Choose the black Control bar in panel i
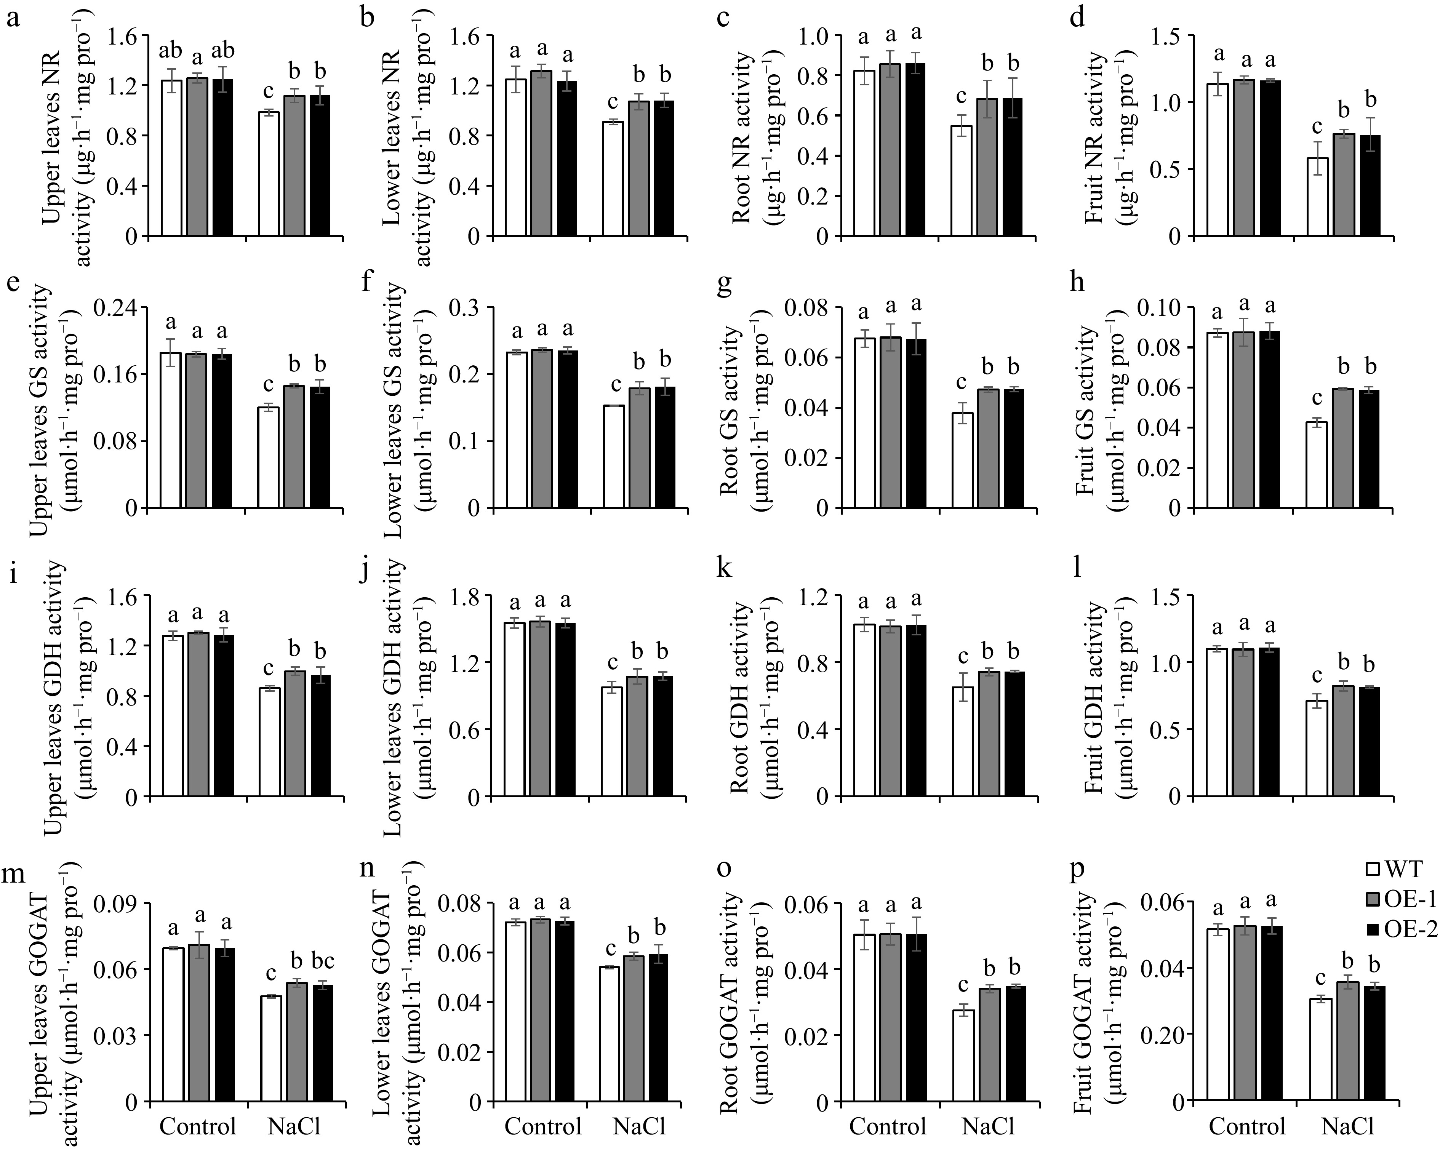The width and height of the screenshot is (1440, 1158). point(223,716)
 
